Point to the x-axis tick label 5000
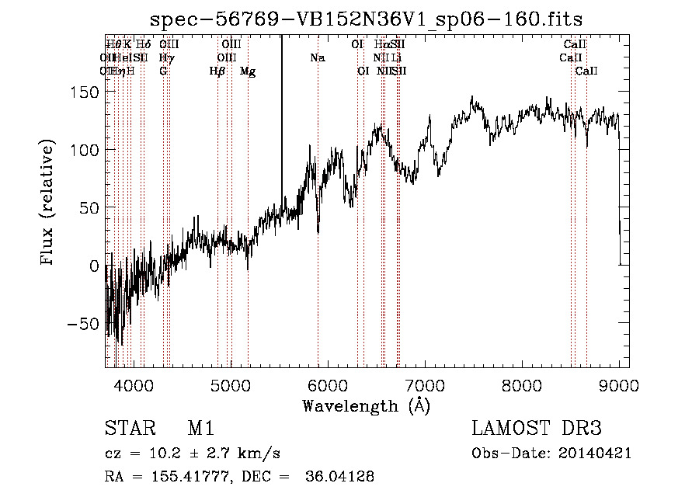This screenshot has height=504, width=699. (231, 384)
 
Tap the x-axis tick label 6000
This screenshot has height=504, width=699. (328, 384)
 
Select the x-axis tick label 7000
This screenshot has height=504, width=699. (425, 384)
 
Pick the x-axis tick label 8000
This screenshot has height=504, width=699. (522, 384)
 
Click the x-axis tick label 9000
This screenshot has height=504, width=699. (619, 384)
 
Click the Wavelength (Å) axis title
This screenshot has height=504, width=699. (366, 405)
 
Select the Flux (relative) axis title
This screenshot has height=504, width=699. (48, 203)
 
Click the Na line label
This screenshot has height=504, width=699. (317, 57)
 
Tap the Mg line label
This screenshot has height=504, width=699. (248, 71)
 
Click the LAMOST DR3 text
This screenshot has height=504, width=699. (536, 429)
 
